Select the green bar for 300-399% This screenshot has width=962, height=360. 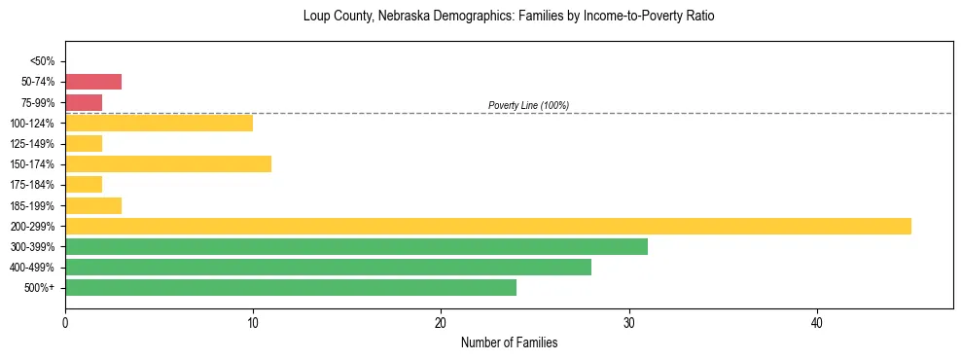click(x=356, y=246)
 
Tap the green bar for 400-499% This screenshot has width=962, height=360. click(x=328, y=267)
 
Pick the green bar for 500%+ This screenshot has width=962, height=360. click(x=291, y=287)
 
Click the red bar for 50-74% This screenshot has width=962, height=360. click(x=93, y=82)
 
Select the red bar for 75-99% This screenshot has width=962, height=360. click(x=84, y=102)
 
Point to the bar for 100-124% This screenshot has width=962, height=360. click(x=159, y=123)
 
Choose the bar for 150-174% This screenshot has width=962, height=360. click(x=168, y=163)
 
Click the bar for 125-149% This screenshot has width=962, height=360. click(x=84, y=143)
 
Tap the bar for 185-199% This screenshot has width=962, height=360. click(x=93, y=205)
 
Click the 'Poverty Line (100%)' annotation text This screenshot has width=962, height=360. click(x=528, y=105)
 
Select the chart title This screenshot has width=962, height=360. click(x=509, y=17)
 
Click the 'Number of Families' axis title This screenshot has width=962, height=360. click(x=509, y=342)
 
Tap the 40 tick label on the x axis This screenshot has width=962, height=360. click(x=817, y=322)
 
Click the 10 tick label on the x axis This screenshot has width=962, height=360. click(x=253, y=322)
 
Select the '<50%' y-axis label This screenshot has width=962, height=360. click(x=43, y=61)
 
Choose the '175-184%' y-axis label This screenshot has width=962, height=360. click(x=33, y=185)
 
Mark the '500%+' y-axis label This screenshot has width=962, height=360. click(x=40, y=288)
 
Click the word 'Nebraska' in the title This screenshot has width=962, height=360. click(x=410, y=17)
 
